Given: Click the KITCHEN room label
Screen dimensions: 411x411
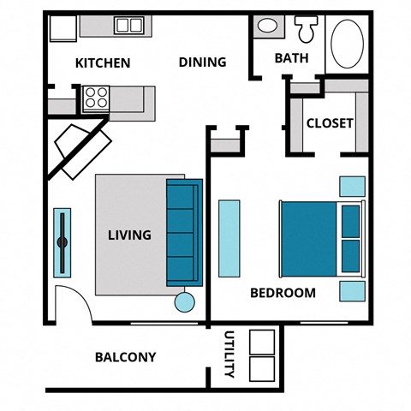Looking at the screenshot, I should tap(103, 63).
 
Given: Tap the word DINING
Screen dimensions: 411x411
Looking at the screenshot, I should tap(202, 62).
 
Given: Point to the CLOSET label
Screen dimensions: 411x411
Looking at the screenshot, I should tap(330, 122).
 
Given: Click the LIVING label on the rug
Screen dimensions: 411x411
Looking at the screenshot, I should tap(129, 234).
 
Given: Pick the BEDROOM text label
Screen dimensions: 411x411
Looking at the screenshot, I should tap(283, 293).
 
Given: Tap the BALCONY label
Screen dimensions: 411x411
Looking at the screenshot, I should tap(125, 357).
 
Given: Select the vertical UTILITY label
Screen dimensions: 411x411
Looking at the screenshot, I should tap(229, 354).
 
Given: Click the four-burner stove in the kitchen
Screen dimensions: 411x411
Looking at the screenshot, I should tap(95, 98).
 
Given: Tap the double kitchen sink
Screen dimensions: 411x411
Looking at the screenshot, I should tap(129, 25).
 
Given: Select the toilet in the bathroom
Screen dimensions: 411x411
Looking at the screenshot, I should tap(306, 30).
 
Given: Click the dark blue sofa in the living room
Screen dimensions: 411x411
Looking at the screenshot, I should tap(183, 232).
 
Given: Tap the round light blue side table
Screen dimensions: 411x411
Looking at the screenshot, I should tap(185, 301).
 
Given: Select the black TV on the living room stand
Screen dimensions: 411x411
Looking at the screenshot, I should tap(62, 241).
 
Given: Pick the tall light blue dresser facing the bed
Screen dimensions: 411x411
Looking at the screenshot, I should tap(230, 238).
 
